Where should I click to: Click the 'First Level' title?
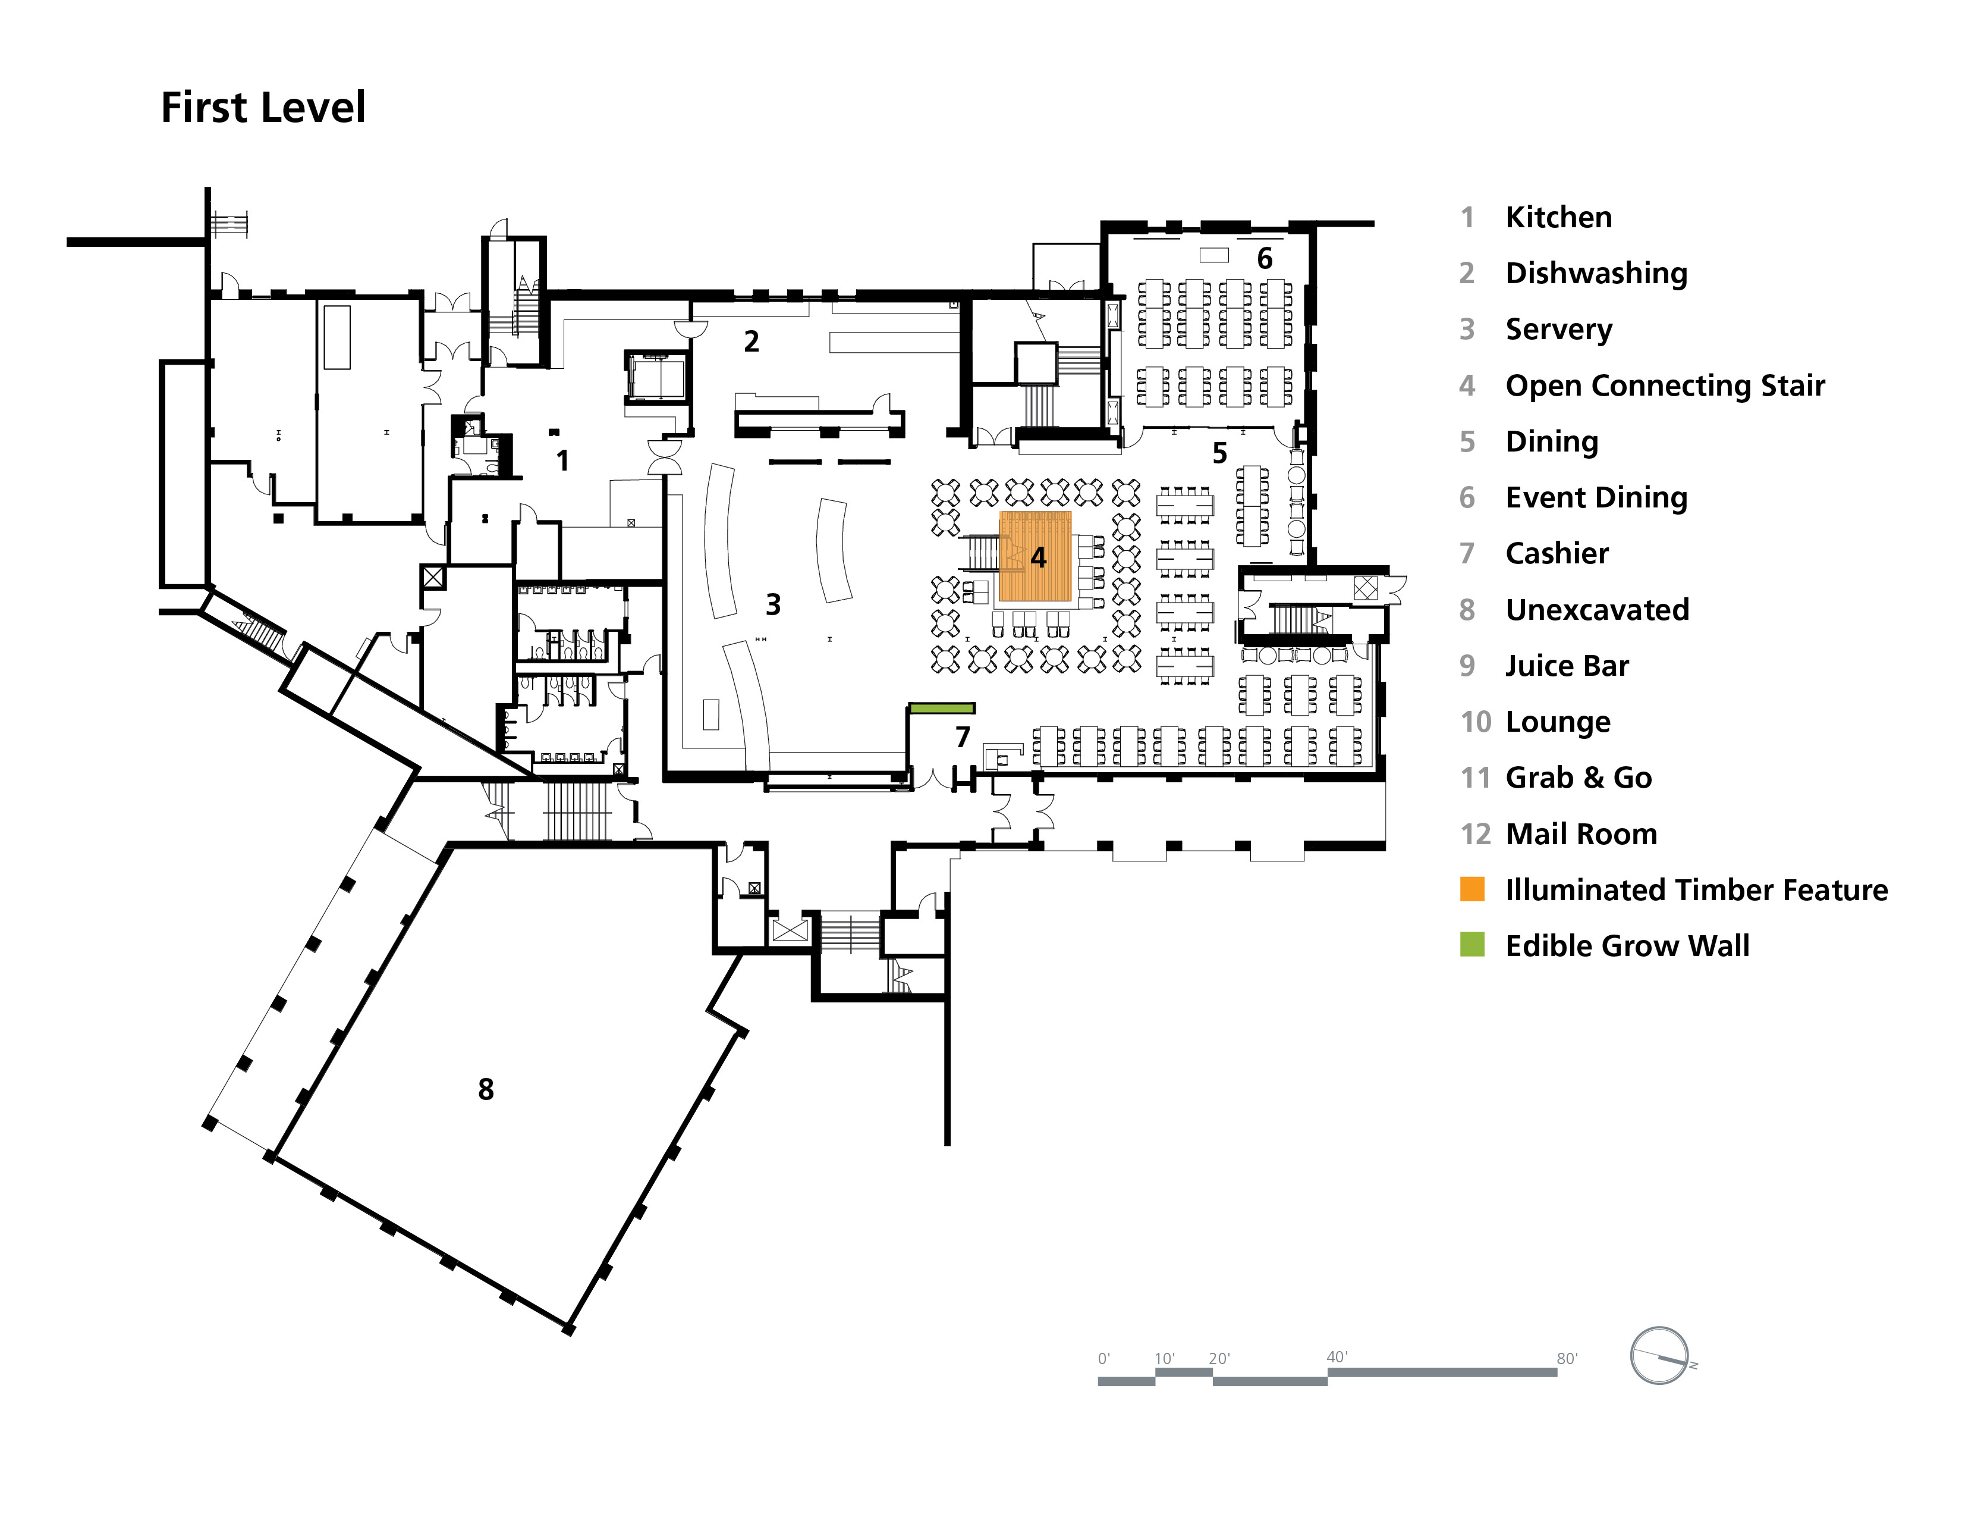point(263,108)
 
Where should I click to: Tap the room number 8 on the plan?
point(486,1089)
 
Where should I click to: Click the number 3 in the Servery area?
point(772,605)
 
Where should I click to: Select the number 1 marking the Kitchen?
point(562,461)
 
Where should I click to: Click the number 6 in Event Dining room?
point(1265,259)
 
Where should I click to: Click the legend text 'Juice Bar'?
point(1567,666)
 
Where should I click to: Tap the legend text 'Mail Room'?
point(1581,834)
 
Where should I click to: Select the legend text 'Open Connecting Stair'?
point(1665,385)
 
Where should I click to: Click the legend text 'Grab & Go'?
point(1579,778)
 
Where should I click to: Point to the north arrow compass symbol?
point(1659,1355)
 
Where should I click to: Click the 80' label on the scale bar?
point(1567,1359)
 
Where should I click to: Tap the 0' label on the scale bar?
point(1104,1359)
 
